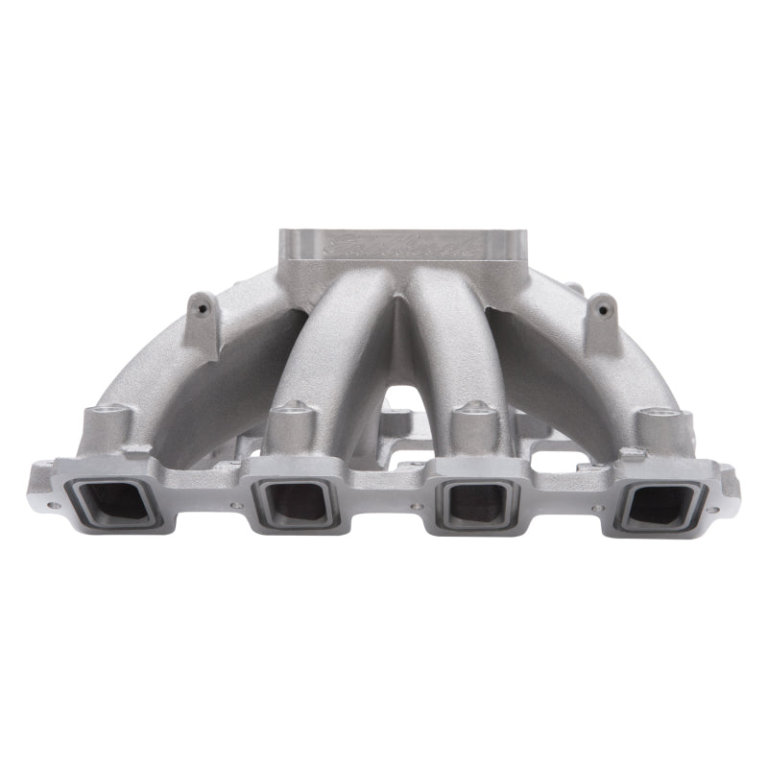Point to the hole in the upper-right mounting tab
pyautogui.click(x=602, y=310)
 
